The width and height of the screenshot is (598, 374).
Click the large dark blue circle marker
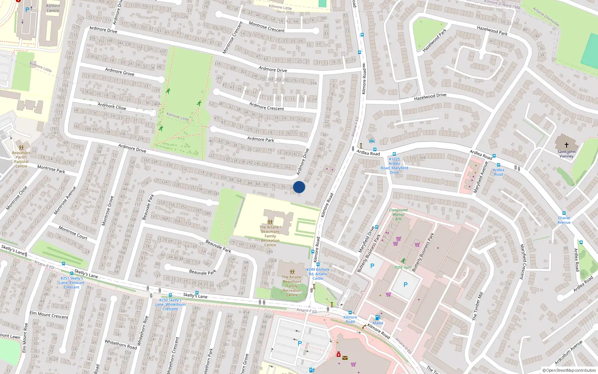click(x=299, y=187)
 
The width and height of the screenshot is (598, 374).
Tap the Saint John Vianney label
click(x=566, y=154)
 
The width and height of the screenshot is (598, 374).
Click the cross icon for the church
click(x=566, y=145)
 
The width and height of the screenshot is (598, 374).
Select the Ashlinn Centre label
click(x=53, y=8)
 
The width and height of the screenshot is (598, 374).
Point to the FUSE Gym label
click(x=403, y=267)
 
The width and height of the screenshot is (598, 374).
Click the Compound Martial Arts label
click(x=398, y=214)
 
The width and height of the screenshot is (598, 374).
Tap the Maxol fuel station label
click(x=378, y=323)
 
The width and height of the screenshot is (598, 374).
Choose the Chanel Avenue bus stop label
click(x=564, y=220)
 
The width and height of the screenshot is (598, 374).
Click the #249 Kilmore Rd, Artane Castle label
click(x=318, y=274)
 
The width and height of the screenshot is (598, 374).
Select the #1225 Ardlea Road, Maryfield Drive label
click(x=394, y=166)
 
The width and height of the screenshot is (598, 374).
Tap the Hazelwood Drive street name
click(x=430, y=96)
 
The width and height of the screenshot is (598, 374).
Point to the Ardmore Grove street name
click(x=120, y=71)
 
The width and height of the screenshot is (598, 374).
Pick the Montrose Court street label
click(x=73, y=233)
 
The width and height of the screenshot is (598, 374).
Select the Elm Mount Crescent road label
click(x=49, y=315)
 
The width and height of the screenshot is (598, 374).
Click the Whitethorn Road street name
click(x=121, y=344)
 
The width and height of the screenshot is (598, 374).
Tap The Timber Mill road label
click(x=477, y=306)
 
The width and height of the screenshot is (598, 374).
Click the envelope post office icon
click(x=345, y=358)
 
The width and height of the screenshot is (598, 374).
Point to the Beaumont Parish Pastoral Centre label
click(x=21, y=159)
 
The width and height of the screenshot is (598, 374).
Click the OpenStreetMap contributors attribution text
click(x=569, y=370)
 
